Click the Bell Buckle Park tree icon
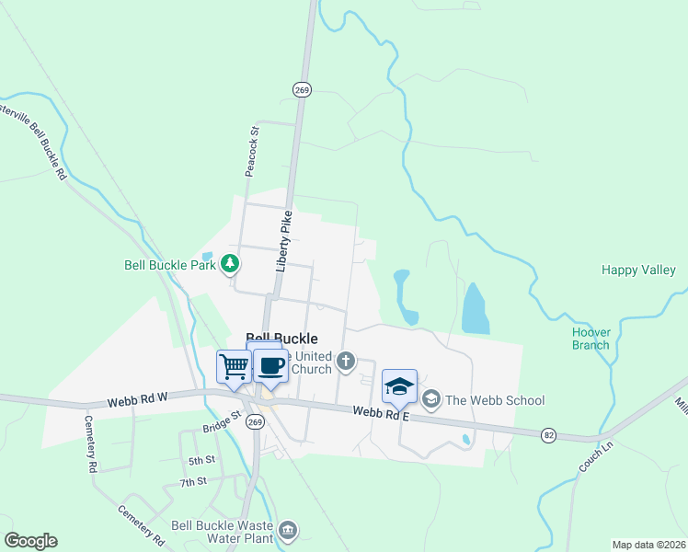[229, 265]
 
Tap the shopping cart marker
[234, 367]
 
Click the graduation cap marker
[399, 386]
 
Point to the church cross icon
[346, 361]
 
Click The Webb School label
[495, 400]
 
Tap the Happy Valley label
[637, 270]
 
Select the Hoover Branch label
[591, 339]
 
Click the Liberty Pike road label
[285, 240]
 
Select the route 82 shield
[549, 434]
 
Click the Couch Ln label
[595, 457]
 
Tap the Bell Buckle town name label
[281, 339]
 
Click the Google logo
[31, 541]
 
